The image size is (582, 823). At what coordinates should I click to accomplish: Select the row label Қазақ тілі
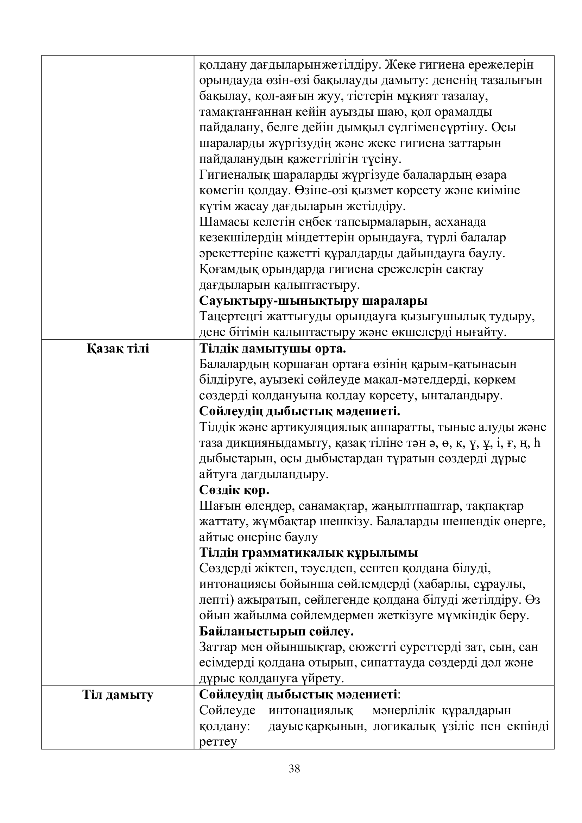[x=118, y=348]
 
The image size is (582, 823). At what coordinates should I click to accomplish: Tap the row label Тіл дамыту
[x=118, y=695]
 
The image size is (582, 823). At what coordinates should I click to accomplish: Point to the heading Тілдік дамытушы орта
[x=272, y=348]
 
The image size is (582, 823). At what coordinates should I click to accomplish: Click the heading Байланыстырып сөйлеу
[x=277, y=631]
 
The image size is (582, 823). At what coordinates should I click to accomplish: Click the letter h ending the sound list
[x=537, y=443]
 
